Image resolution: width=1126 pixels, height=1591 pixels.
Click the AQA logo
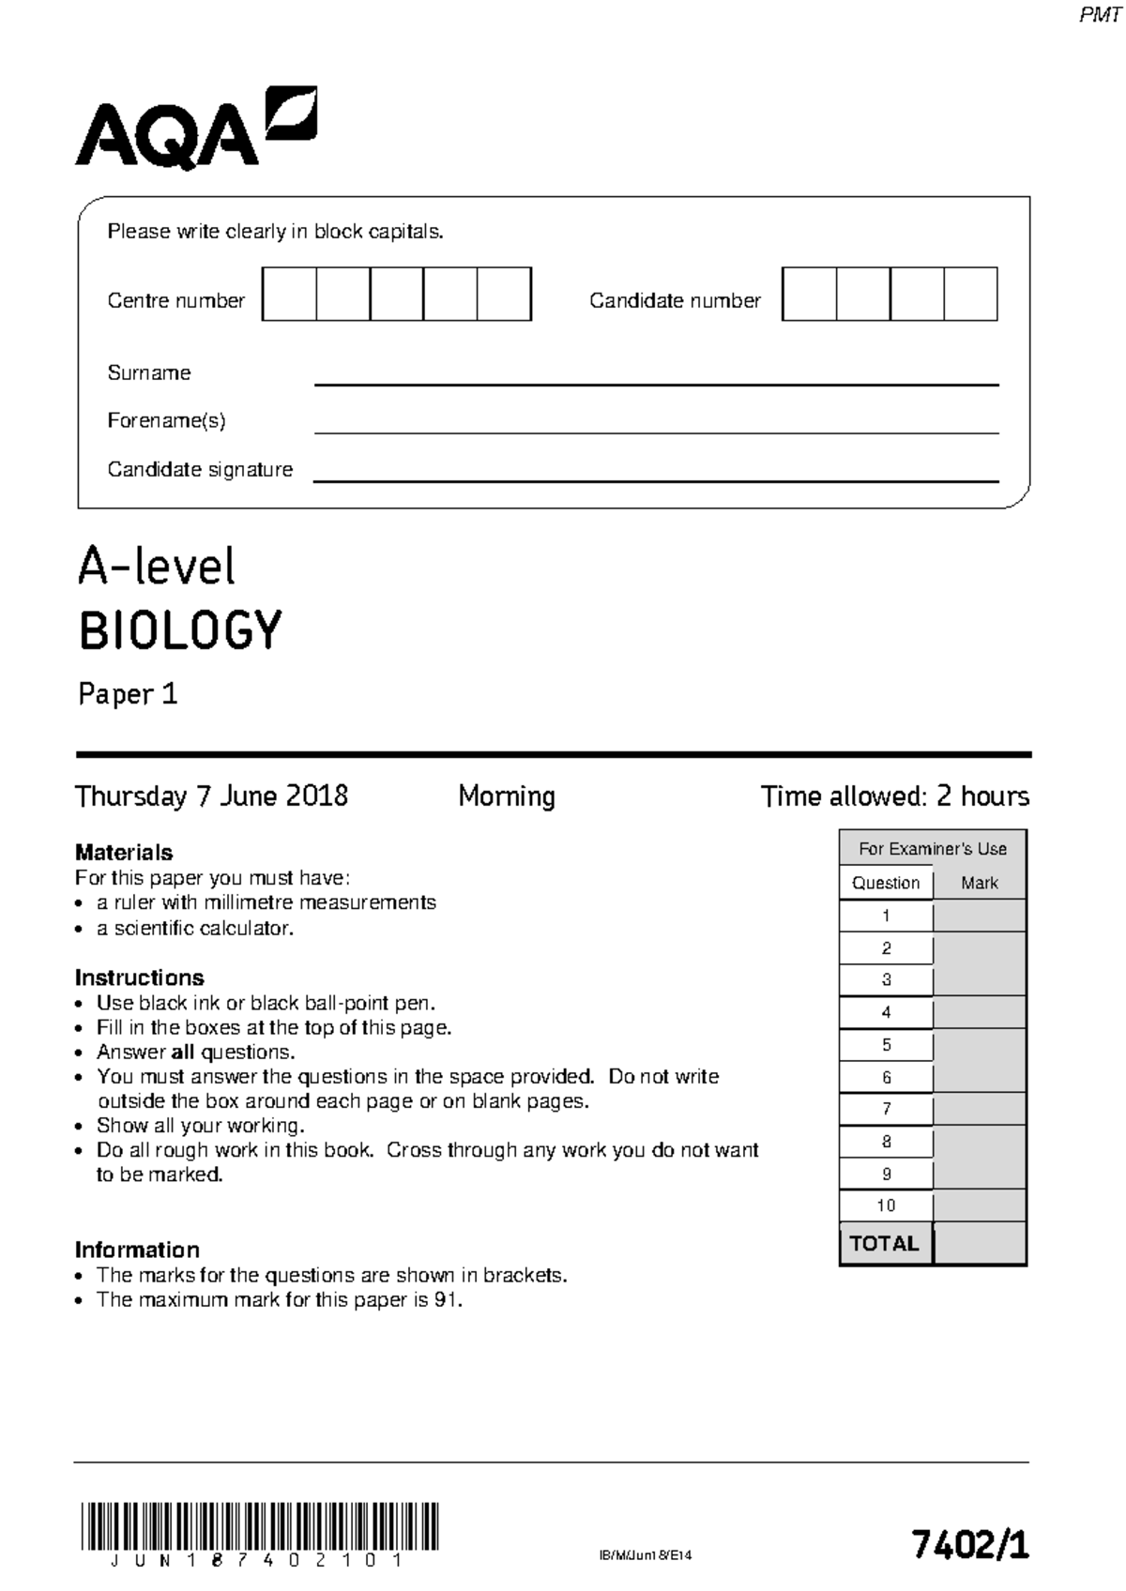pyautogui.click(x=195, y=129)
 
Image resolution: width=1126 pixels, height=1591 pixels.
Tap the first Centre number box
pyautogui.click(x=289, y=295)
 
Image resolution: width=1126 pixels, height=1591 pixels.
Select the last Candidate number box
pyautogui.click(x=970, y=295)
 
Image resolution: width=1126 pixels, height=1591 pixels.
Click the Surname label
pyautogui.click(x=148, y=372)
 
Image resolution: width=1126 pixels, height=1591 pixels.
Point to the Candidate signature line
pyautogui.click(x=655, y=479)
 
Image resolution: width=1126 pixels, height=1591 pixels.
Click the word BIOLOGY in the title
pyautogui.click(x=179, y=630)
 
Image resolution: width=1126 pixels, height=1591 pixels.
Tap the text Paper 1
pyautogui.click(x=128, y=694)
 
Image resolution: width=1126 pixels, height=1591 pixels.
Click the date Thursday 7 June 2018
pyautogui.click(x=211, y=796)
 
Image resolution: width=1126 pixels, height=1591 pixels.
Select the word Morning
pyautogui.click(x=507, y=796)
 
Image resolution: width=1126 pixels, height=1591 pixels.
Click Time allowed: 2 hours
pyautogui.click(x=894, y=796)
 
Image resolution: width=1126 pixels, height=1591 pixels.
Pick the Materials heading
pyautogui.click(x=124, y=852)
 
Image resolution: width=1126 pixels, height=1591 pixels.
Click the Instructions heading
pyautogui.click(x=139, y=977)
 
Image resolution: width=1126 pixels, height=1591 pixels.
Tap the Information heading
pyautogui.click(x=137, y=1250)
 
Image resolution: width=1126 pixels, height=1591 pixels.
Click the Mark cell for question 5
pyautogui.click(x=979, y=1045)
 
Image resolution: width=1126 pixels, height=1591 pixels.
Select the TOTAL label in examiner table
pyautogui.click(x=884, y=1244)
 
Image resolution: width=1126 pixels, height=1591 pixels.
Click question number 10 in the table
pyautogui.click(x=886, y=1205)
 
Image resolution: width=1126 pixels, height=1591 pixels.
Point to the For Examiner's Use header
pyautogui.click(x=932, y=849)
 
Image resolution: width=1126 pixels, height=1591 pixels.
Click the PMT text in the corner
pyautogui.click(x=1099, y=16)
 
